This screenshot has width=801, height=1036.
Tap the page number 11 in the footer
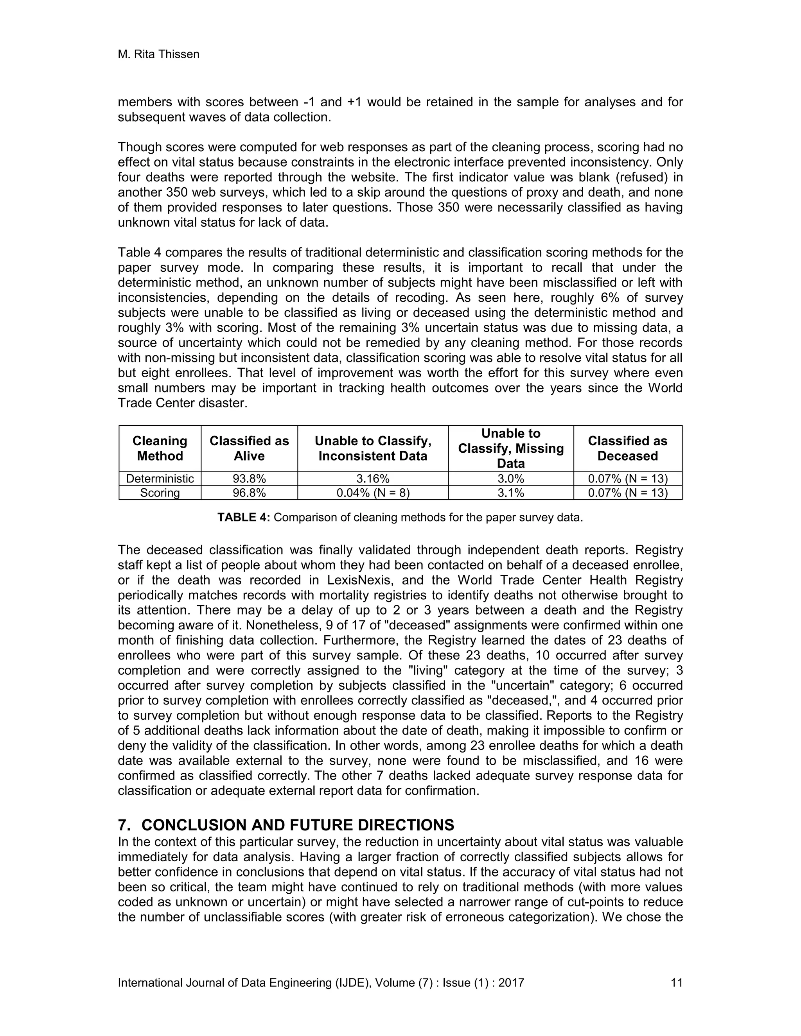[x=676, y=982]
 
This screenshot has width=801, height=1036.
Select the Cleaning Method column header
[x=160, y=448]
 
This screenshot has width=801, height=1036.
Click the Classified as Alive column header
[x=249, y=448]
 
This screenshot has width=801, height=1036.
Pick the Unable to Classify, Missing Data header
[x=510, y=448]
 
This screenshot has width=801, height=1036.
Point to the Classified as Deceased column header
[x=627, y=448]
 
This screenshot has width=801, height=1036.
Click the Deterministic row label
[x=160, y=478]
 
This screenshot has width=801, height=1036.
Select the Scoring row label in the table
[x=160, y=493]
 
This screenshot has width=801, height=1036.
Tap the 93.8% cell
[x=249, y=478]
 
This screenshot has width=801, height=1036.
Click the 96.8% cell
[x=249, y=493]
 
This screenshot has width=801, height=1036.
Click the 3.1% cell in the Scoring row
[x=510, y=493]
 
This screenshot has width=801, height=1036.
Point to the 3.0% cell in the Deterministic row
[x=510, y=478]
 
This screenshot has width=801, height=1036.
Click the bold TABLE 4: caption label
[x=243, y=517]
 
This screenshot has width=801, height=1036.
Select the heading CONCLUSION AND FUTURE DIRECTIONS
[x=298, y=825]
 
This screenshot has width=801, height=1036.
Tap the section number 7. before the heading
[x=124, y=825]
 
